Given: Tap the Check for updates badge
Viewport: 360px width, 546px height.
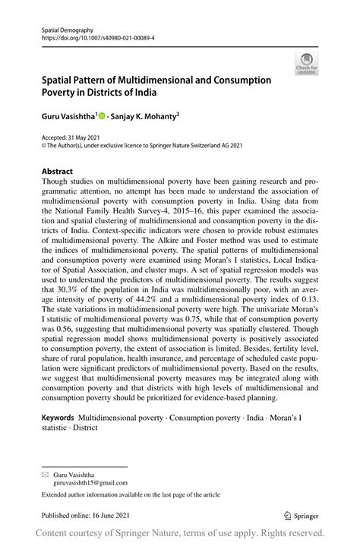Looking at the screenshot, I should pos(306,65).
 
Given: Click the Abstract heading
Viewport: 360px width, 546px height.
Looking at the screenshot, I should pos(56,172).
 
